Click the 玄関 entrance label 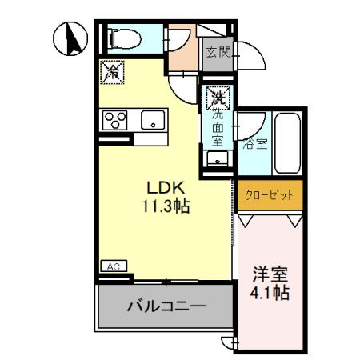[218, 53]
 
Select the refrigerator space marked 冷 [110, 72]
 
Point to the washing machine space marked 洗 [216, 99]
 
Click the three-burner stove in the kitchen [115, 122]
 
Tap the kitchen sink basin [151, 122]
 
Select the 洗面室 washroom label [216, 126]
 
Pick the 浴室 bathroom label [255, 146]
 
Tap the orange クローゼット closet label [269, 194]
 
